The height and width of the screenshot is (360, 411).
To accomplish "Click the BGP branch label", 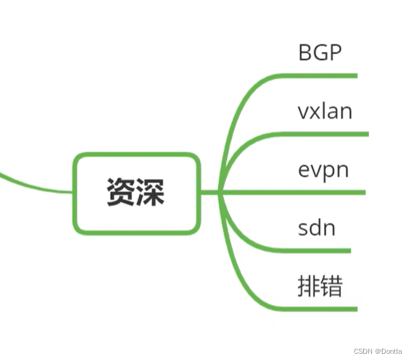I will click(x=320, y=52).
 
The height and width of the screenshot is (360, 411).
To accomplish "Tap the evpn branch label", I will click(x=323, y=170).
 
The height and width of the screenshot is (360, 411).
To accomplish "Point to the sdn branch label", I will click(x=316, y=228).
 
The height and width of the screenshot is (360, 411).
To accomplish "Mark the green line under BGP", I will click(x=322, y=76).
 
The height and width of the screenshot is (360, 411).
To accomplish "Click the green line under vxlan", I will click(x=329, y=134).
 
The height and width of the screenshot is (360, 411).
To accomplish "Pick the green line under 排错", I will click(x=322, y=309).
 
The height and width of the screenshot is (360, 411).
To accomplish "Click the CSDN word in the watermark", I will click(x=363, y=351).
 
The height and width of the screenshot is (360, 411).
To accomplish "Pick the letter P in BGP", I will click(x=335, y=52).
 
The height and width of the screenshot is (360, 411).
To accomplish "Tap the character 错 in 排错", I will click(x=332, y=287).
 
